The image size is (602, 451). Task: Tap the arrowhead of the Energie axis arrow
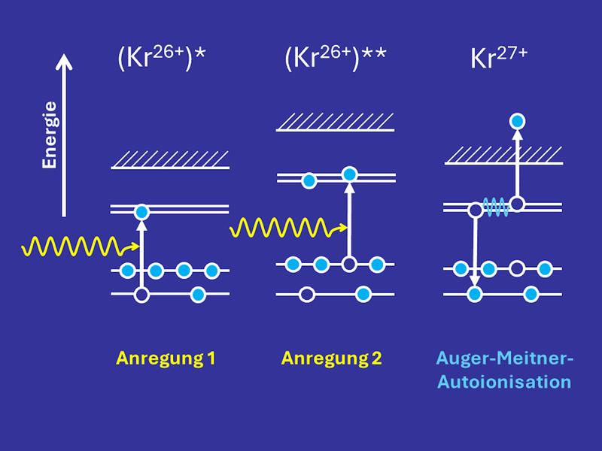[65, 62]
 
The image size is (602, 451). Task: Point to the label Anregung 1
[166, 358]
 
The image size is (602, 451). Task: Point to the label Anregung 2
[332, 358]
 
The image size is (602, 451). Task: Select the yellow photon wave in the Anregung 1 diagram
[71, 245]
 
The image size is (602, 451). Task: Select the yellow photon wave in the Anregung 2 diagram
[282, 225]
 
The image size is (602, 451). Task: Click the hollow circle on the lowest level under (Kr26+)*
[141, 295]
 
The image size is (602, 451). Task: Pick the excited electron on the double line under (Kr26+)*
[141, 213]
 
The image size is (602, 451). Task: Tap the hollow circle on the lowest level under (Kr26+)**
[306, 294]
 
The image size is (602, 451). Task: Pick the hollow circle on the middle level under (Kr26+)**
[348, 264]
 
